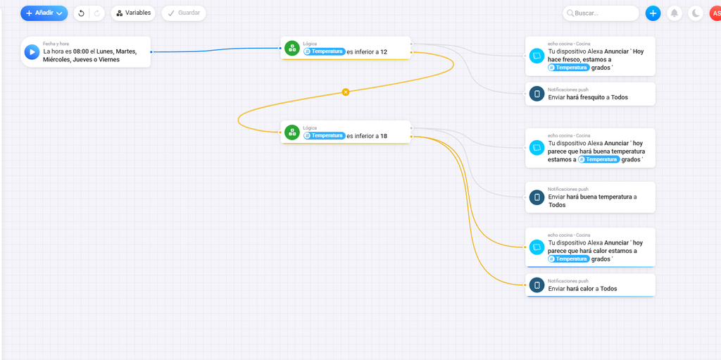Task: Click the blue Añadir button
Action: coord(44,13)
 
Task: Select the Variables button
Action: coord(133,13)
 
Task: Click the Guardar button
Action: coord(184,13)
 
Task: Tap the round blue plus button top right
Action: coord(653,13)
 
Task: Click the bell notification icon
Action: coord(674,13)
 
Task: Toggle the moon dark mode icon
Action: coord(696,13)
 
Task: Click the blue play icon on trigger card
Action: coord(32,52)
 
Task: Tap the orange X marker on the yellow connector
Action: coord(346,92)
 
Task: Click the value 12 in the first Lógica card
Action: coord(384,52)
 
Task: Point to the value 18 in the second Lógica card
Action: coord(384,136)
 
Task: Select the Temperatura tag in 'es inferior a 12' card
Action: coord(324,51)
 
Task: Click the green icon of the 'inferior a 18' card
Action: coord(292,132)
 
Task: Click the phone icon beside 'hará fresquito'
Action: coord(537,94)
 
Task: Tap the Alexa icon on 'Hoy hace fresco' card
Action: coord(537,56)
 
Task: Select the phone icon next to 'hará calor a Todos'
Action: coord(537,285)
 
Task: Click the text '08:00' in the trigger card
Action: coord(80,51)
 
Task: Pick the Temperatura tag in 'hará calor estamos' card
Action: coord(569,259)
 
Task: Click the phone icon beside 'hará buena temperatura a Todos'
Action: coord(537,197)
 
